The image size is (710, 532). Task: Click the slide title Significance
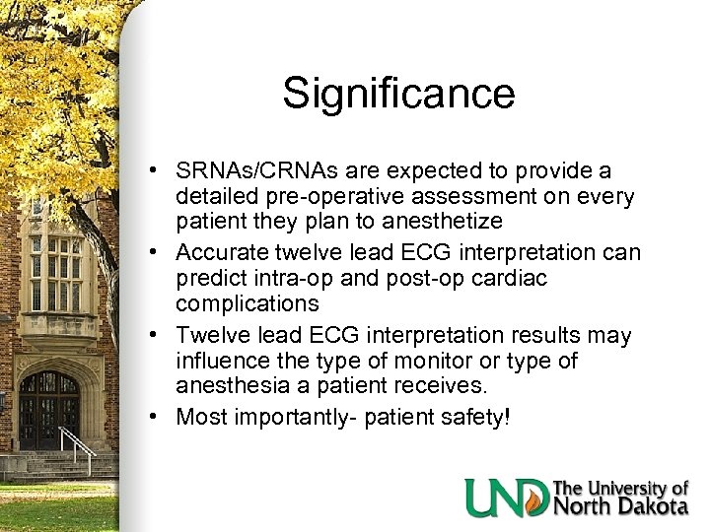coord(398,95)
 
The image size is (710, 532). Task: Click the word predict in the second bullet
coord(211,281)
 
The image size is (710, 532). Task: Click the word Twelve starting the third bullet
coord(208,336)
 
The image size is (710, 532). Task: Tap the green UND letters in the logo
coord(507,498)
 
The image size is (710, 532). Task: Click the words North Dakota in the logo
coord(621,506)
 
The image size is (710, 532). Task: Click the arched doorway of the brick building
coord(48,409)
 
